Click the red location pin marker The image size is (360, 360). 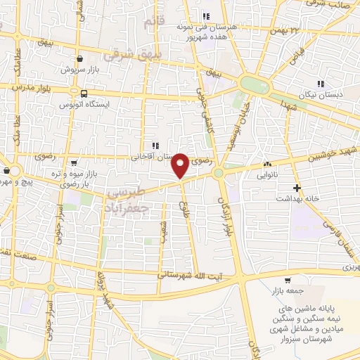click(181, 165)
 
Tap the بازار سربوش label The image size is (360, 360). click(78, 71)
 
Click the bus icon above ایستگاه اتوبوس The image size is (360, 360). click(84, 94)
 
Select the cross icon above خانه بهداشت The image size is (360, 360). click(297, 188)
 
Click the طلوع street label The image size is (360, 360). click(186, 210)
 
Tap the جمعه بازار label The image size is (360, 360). click(281, 292)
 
